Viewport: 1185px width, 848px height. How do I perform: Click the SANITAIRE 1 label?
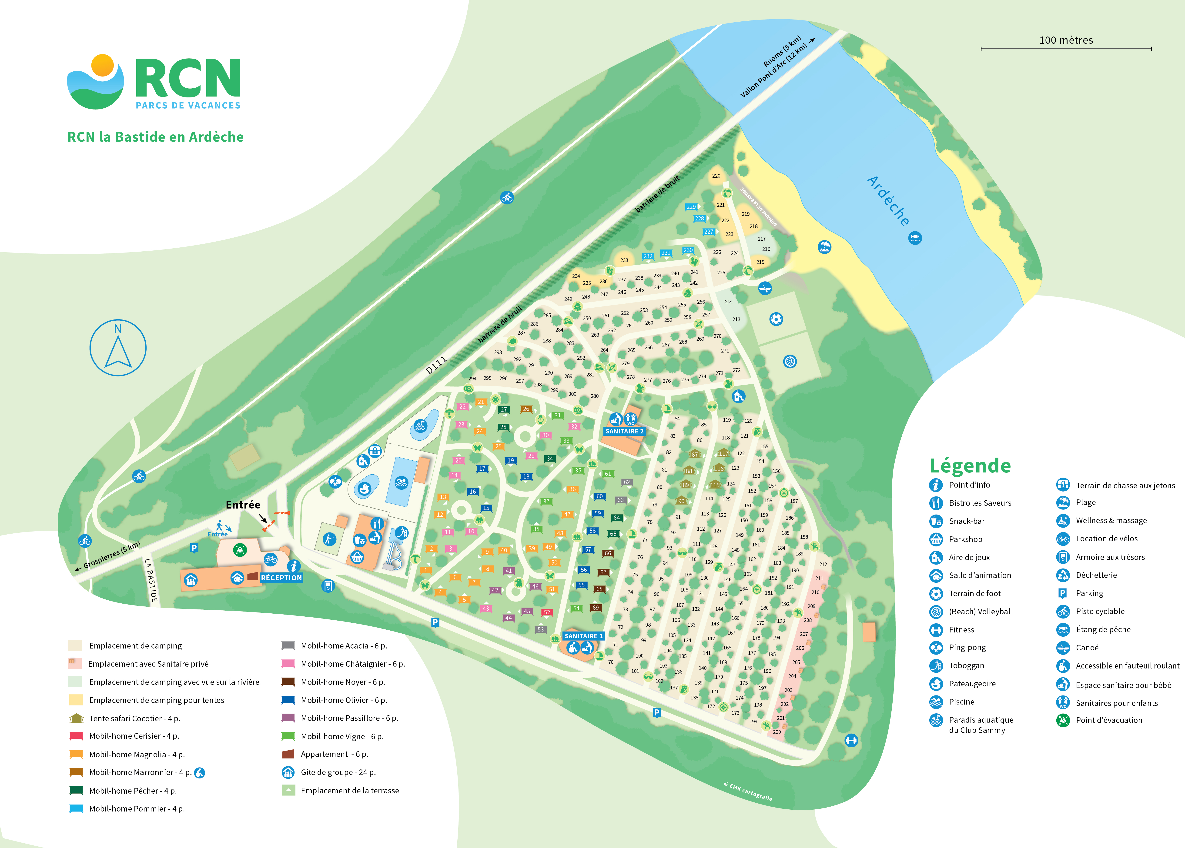click(583, 636)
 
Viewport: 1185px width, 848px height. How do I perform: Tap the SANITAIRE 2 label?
click(624, 431)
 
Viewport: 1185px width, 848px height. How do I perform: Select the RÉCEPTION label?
click(281, 578)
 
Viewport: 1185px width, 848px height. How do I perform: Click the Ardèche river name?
click(888, 201)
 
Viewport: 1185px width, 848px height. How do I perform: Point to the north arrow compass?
click(118, 348)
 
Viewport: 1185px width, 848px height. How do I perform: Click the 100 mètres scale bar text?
click(1066, 40)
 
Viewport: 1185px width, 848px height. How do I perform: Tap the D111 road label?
click(436, 365)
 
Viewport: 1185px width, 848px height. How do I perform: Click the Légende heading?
click(970, 465)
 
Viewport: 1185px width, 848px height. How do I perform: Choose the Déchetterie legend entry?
click(1096, 575)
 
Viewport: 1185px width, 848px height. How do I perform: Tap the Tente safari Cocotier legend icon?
click(76, 718)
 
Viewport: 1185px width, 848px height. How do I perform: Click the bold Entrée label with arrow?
click(243, 505)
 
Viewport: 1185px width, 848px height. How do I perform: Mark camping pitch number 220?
click(716, 176)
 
